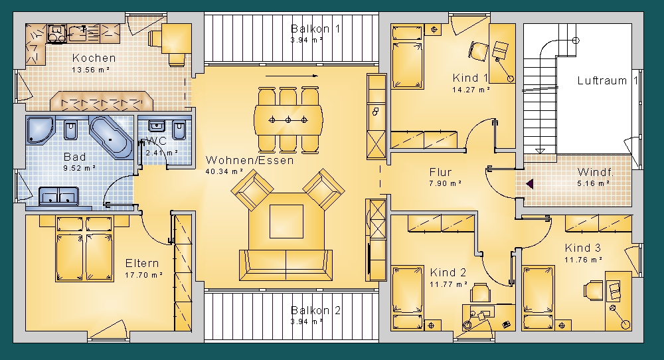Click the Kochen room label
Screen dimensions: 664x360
point(94,58)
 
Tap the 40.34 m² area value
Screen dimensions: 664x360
point(224,171)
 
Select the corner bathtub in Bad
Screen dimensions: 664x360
point(111,136)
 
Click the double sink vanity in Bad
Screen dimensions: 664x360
point(59,197)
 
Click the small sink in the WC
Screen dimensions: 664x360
point(157,126)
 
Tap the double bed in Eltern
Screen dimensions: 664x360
point(84,249)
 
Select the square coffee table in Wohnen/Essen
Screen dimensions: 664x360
point(287,221)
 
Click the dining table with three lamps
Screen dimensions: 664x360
point(288,120)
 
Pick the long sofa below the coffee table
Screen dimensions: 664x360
point(286,265)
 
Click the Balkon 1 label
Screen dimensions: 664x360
point(315,29)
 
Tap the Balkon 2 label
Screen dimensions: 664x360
point(315,310)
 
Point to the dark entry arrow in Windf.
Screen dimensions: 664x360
point(529,184)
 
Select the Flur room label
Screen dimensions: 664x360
point(440,172)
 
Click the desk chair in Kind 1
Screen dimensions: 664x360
point(479,51)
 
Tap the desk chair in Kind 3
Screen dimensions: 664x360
point(594,291)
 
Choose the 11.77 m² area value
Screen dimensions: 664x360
point(448,284)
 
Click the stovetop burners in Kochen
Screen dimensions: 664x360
point(56,33)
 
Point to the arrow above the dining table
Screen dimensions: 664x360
point(291,76)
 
